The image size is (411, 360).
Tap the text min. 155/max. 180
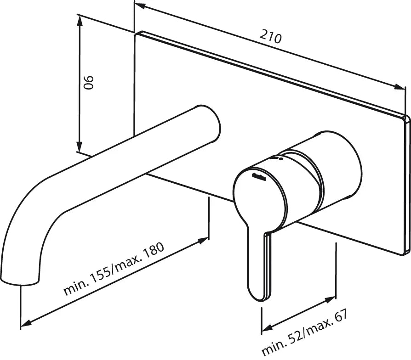coord(114,269)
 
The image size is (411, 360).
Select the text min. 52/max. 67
coord(304,332)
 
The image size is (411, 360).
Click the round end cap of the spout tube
coord(209,123)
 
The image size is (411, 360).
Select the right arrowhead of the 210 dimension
coord(401,87)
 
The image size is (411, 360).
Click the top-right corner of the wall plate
coord(406,117)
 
